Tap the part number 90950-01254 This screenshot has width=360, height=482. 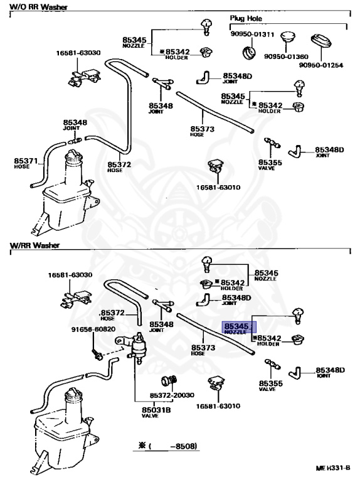coord(321,65)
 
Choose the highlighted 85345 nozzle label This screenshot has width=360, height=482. coord(238,328)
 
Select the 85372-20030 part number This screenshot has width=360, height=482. coord(172,396)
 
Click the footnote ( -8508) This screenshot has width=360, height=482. coord(167,447)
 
